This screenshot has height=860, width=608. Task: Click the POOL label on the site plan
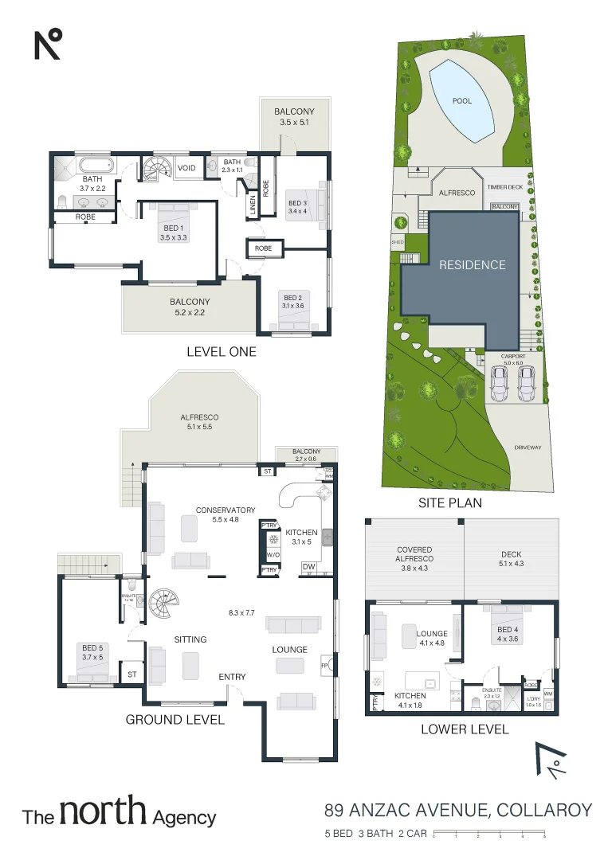461,101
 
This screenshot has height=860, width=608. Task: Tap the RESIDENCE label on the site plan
472,265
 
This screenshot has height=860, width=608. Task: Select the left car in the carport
500,385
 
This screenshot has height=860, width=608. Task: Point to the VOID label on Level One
186,168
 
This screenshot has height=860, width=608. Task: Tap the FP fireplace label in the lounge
324,663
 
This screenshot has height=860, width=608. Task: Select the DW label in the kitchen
308,567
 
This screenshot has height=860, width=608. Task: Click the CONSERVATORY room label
226,510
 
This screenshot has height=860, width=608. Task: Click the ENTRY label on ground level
233,677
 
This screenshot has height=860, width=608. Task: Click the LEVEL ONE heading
221,351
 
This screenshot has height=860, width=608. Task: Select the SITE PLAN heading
449,503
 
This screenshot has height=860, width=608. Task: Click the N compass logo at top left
48,43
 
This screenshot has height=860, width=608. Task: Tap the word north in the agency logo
103,812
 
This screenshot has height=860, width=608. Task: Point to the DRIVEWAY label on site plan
528,448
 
